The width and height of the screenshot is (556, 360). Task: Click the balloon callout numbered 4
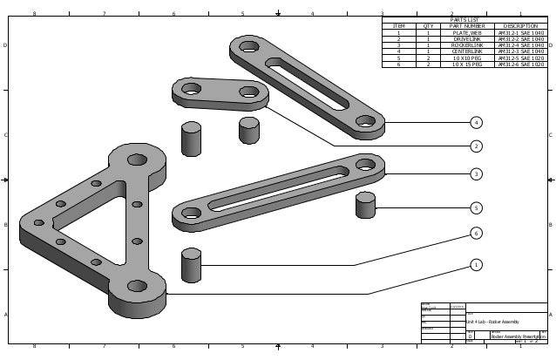click(x=476, y=124)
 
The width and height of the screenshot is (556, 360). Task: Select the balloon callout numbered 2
click(x=476, y=146)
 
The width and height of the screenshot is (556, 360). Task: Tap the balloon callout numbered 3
click(x=476, y=174)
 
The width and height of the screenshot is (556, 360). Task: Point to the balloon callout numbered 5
click(x=476, y=207)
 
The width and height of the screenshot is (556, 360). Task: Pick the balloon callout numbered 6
click(x=476, y=234)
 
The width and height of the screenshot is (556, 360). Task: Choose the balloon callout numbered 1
click(x=476, y=264)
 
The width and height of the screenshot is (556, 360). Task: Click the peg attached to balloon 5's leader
click(x=365, y=206)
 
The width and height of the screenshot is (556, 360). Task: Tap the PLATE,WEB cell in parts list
click(x=465, y=32)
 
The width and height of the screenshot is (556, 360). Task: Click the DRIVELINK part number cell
click(x=465, y=39)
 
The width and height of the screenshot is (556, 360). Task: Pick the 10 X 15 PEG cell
click(x=465, y=64)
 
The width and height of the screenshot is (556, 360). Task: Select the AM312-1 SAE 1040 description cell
click(x=520, y=32)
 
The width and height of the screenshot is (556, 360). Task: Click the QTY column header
click(x=428, y=26)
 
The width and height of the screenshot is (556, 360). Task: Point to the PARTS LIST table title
click(x=464, y=19)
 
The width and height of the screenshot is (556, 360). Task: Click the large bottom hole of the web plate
click(x=137, y=285)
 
